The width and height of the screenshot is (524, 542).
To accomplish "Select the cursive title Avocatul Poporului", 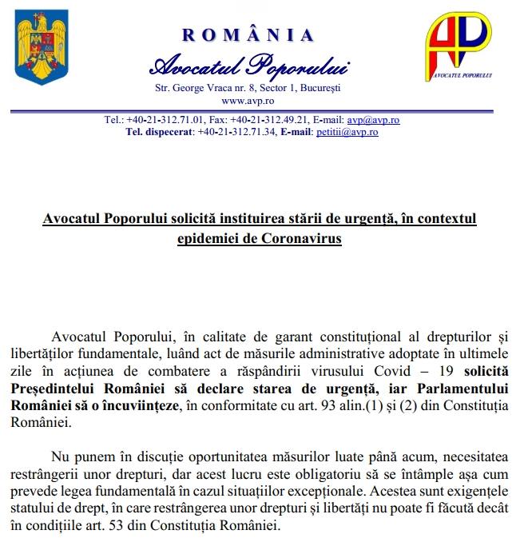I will click(248, 65).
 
